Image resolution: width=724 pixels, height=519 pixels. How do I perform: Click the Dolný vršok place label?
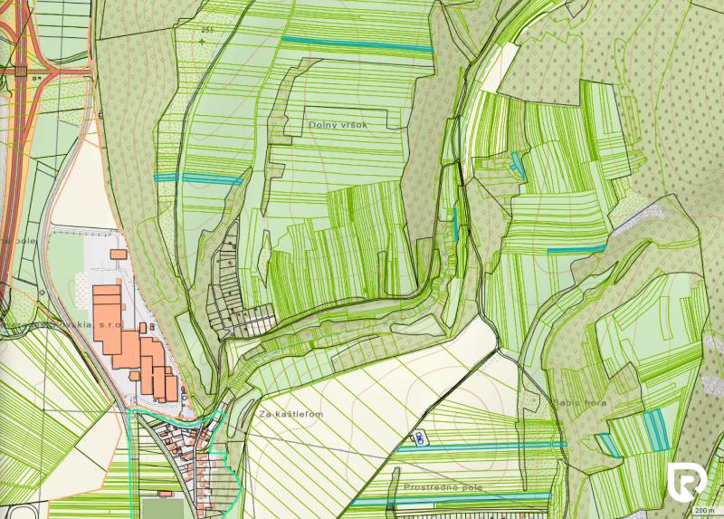click(x=338, y=125)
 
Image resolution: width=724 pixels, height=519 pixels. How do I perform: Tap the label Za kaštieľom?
click(x=290, y=414)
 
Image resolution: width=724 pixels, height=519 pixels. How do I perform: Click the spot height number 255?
click(x=208, y=31)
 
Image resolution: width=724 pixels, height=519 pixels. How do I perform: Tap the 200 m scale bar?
click(x=704, y=510)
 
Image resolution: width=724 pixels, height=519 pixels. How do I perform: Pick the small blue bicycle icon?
click(x=420, y=439)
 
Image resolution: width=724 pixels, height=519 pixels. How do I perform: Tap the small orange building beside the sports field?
click(x=165, y=494)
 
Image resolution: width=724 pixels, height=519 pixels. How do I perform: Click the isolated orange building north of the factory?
click(x=119, y=255)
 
